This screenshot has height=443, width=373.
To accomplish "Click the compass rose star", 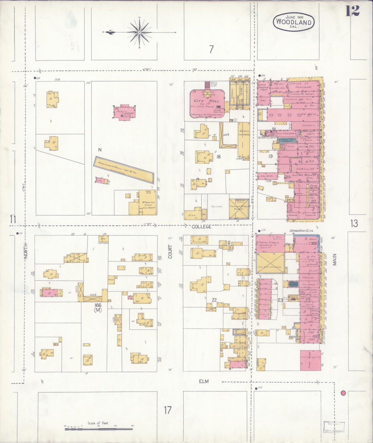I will point(139,32).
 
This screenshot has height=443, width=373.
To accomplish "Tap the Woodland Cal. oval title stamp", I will point(294,22).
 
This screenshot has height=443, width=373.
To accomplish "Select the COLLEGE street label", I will point(201,227).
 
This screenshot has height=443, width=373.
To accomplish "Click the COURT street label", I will point(170,251).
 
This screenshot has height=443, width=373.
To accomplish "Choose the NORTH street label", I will point(26,252).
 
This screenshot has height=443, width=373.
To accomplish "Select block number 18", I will point(218,156).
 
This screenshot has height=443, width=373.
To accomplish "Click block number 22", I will point(214,300).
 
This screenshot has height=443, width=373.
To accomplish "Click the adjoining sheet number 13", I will point(354,223).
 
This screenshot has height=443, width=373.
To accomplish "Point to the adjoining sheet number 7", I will point(211,49).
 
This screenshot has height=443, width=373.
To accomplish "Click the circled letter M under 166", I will point(98,310).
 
